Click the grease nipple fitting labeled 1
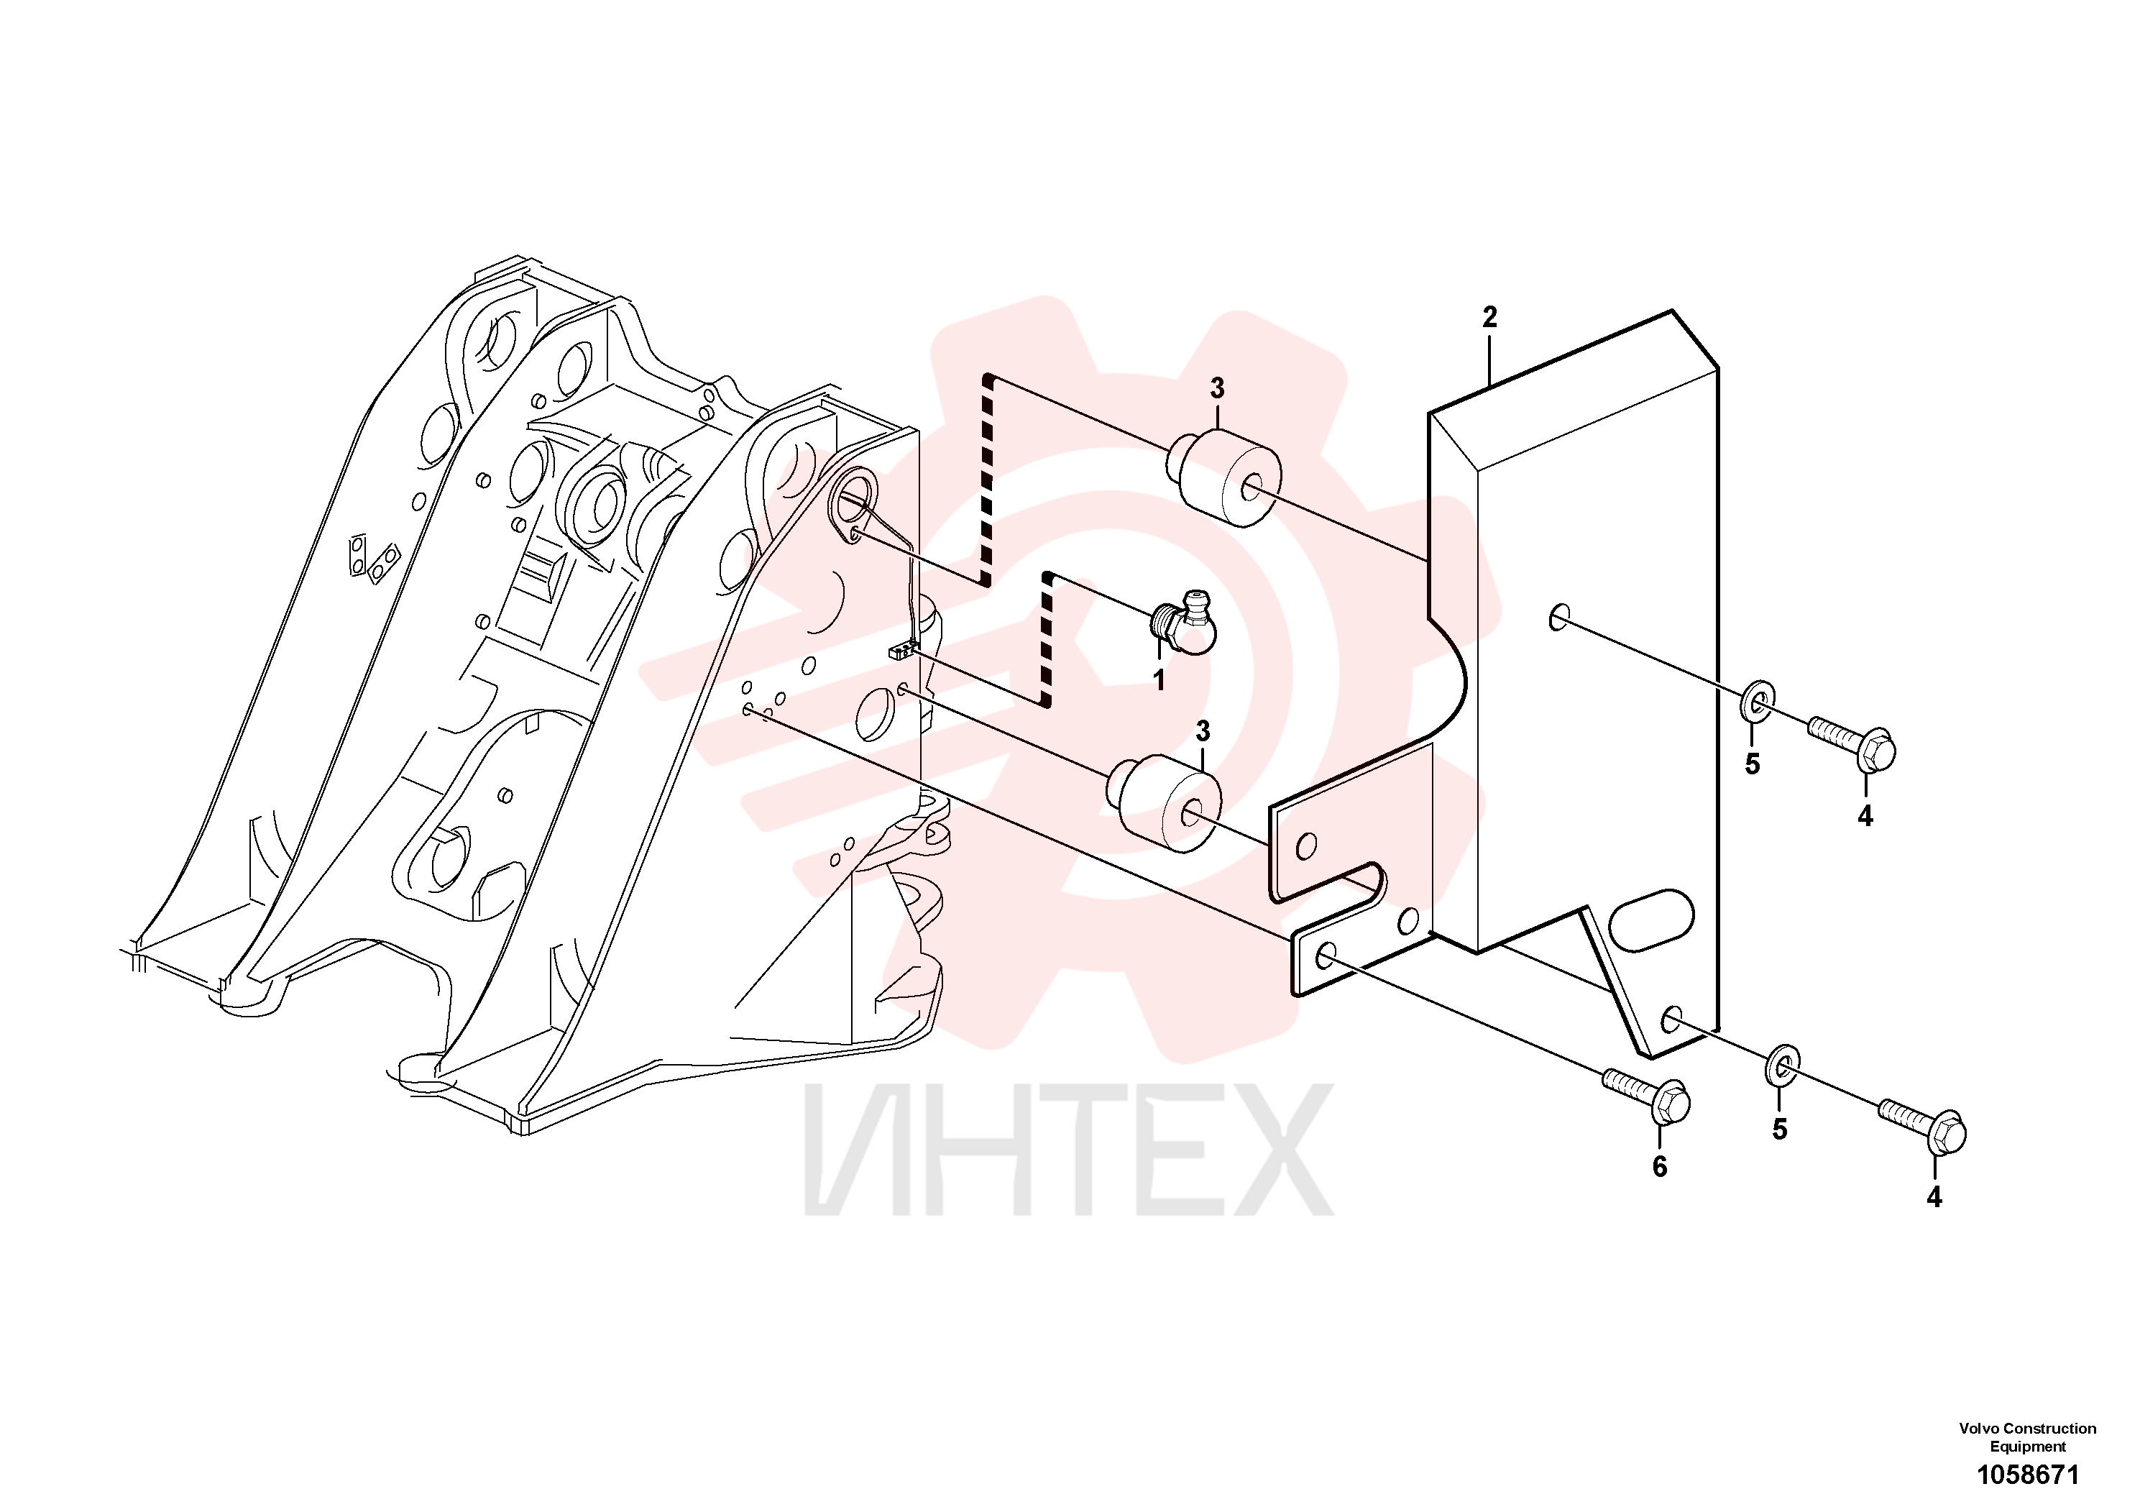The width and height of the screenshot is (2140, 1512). [x=1182, y=622]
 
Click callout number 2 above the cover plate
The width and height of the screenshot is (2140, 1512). [x=1489, y=317]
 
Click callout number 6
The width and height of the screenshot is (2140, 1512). [x=1660, y=1167]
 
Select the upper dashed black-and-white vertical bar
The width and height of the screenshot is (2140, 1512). [x=987, y=479]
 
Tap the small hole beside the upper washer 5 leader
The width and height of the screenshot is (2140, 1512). [x=1558, y=616]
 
